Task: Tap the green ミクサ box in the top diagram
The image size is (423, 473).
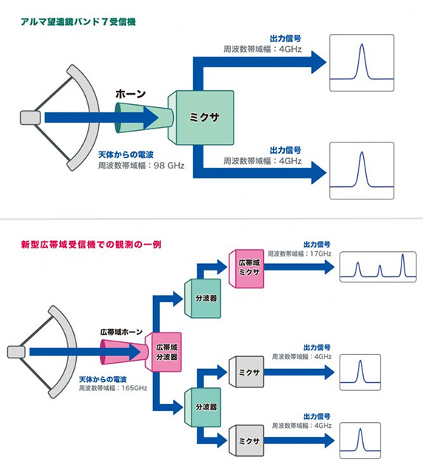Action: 202,117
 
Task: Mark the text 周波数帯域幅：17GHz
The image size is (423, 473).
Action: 300,253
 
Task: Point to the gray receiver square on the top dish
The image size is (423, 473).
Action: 30,117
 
